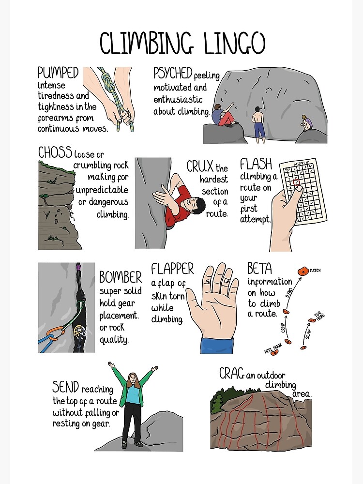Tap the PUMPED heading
(58, 73)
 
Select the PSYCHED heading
(173, 74)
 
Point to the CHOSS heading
(55, 152)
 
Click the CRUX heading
(200, 167)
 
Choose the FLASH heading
(256, 164)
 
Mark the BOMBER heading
(121, 277)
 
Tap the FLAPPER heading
(172, 269)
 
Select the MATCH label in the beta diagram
(315, 271)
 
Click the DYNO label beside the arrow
(289, 292)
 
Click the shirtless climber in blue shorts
(259, 123)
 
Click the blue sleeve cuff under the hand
(217, 345)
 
